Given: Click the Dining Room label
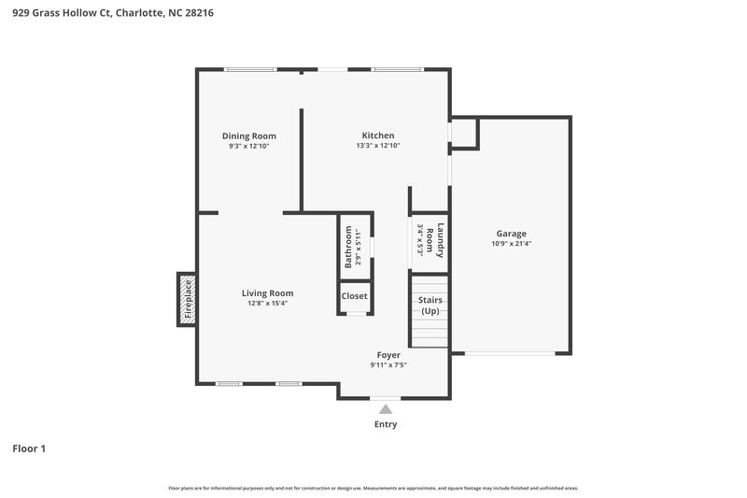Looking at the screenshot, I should pos(248,136).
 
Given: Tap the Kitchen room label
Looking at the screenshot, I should pos(378,135).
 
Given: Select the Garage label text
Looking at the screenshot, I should pos(511,234).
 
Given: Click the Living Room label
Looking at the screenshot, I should pos(267,293).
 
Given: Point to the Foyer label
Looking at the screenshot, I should pos(388,355).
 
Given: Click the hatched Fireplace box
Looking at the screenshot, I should pos(187,300).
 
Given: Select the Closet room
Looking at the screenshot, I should pos(355,296).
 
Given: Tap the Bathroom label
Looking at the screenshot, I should pos(348,247).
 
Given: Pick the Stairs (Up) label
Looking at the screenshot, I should pos(430,306).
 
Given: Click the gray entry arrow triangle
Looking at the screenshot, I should pos(385,408).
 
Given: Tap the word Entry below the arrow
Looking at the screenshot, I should pos(386,424).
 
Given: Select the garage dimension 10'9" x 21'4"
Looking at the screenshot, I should pos(511,244).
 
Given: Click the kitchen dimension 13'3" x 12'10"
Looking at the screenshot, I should pos(378,146).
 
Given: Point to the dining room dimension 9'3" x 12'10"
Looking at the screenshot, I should pos(248,147).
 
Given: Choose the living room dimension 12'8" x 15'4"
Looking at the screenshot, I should pos(267,304).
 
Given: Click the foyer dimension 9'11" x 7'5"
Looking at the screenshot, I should pos(388,365).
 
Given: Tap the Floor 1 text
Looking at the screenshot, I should pos(29,448).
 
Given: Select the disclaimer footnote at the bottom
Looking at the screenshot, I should pos(373,488).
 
